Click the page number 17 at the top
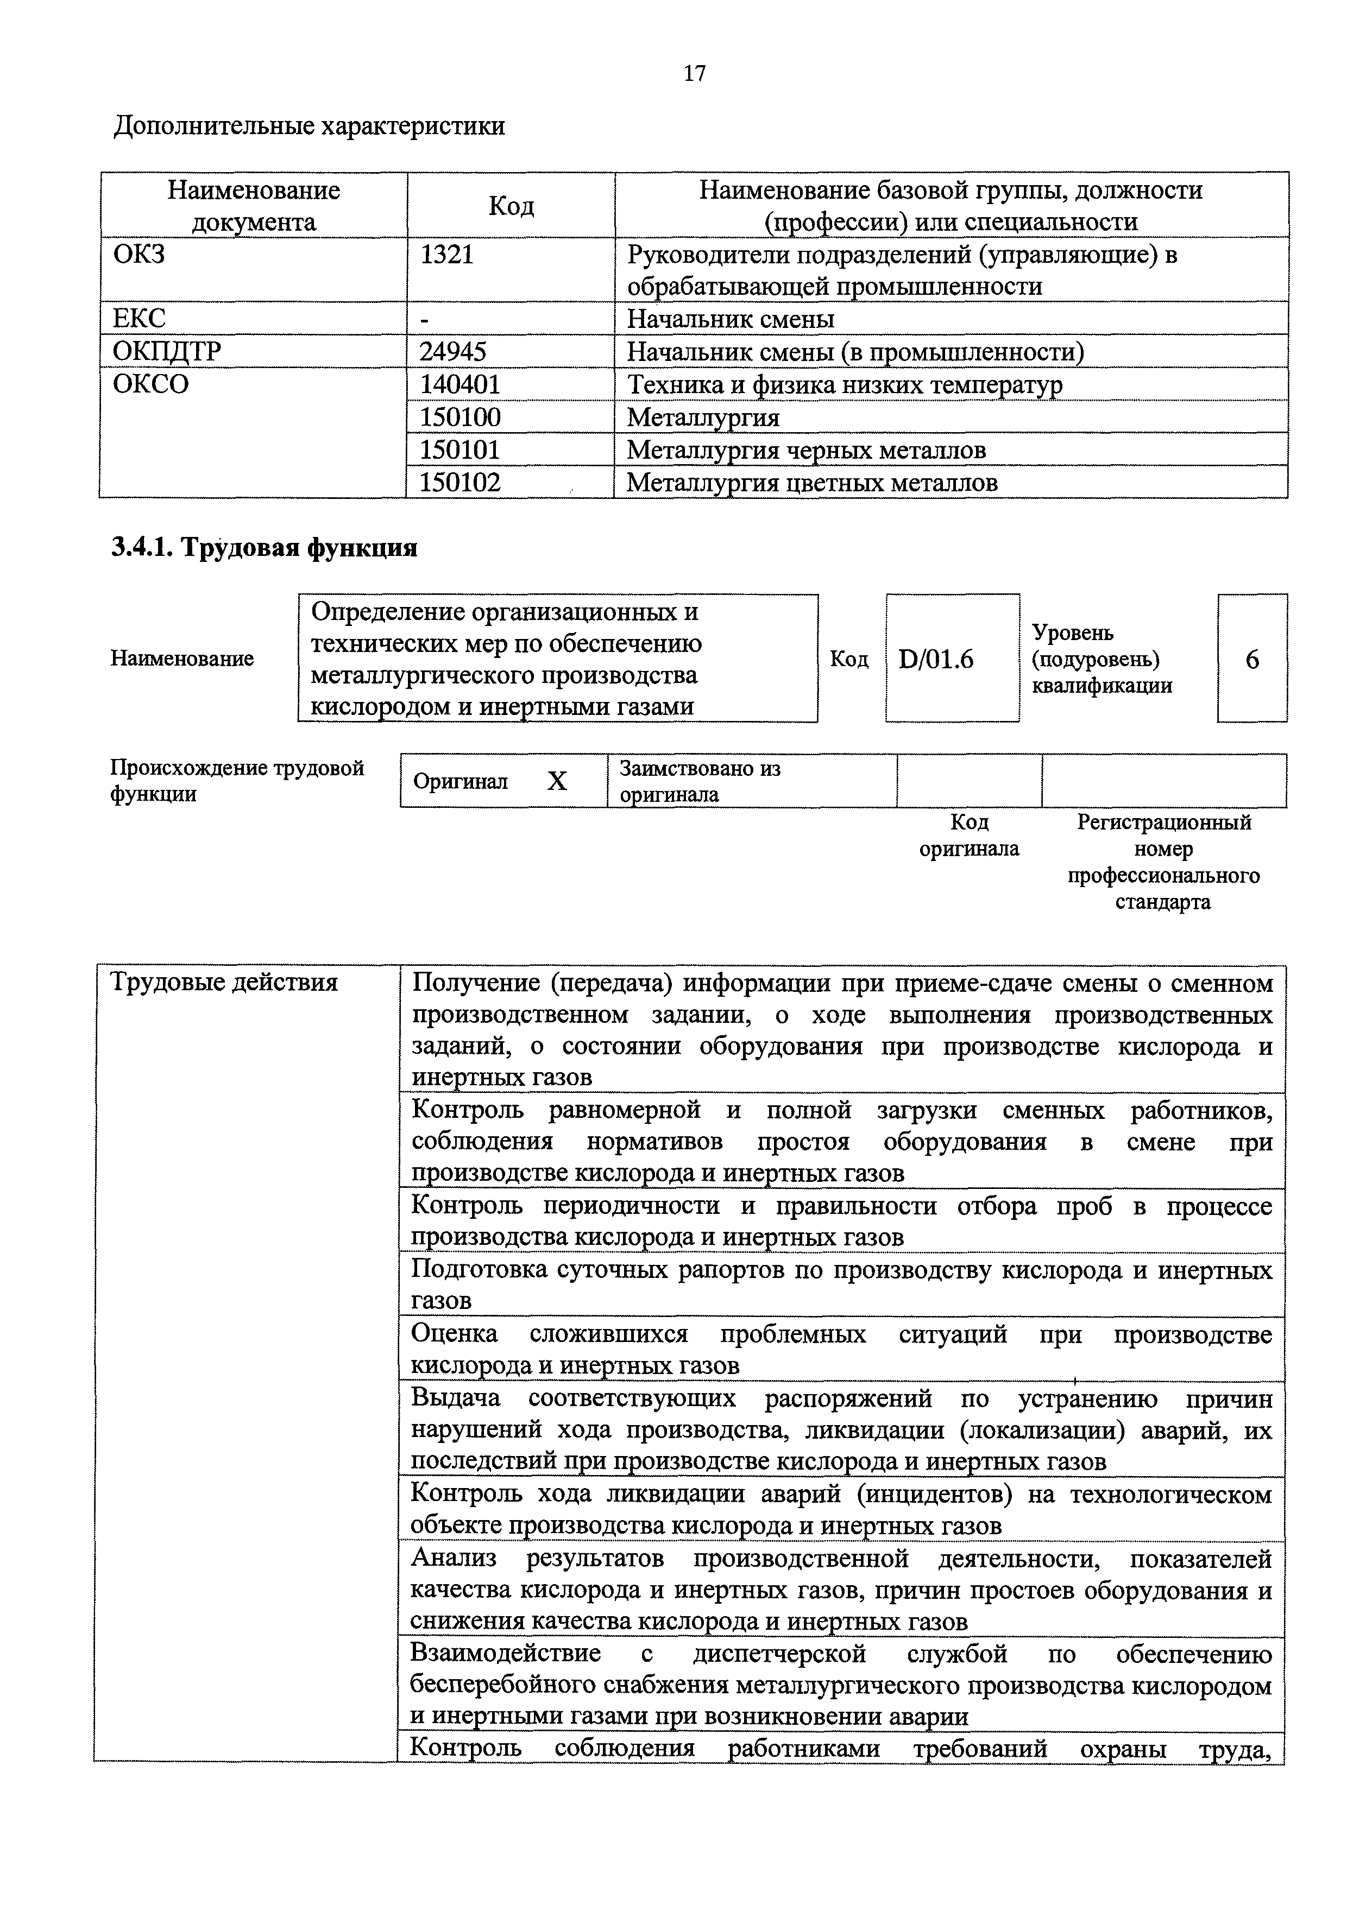695,74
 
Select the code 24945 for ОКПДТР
452,352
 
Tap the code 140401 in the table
460,384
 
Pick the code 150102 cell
460,482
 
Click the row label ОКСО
151,384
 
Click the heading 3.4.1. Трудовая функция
264,548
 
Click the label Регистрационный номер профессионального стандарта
1163,862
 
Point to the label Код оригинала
968,836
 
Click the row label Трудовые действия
224,983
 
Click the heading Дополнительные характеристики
309,126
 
